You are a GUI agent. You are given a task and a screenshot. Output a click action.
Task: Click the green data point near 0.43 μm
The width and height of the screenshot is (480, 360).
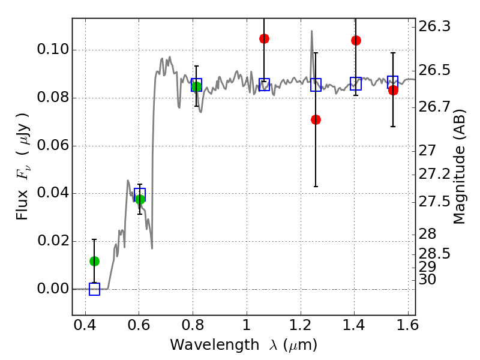click(94, 261)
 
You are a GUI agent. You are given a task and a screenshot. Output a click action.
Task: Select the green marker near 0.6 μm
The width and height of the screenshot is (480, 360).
click(140, 199)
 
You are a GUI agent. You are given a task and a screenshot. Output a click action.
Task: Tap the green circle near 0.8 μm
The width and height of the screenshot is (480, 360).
click(196, 86)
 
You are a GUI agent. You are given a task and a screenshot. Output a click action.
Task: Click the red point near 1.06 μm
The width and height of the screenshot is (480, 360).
click(264, 38)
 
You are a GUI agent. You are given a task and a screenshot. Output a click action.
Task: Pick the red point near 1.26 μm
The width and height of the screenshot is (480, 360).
click(316, 119)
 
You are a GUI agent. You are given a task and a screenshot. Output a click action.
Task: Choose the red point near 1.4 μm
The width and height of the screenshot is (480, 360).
click(356, 40)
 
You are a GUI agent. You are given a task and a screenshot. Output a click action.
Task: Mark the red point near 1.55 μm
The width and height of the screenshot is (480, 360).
click(393, 90)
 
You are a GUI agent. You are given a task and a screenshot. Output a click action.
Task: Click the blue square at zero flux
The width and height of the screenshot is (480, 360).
click(94, 289)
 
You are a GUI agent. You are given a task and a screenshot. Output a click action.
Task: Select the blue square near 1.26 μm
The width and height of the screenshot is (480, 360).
click(316, 85)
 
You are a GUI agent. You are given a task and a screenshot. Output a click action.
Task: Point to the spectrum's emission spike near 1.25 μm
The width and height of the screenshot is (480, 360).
click(312, 32)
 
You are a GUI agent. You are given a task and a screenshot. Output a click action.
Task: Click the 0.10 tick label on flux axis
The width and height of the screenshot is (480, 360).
click(53, 50)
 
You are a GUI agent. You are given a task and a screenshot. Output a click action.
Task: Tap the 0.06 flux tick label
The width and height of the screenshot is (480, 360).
click(53, 146)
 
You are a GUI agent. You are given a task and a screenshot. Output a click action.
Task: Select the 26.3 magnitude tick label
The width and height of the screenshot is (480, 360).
click(435, 26)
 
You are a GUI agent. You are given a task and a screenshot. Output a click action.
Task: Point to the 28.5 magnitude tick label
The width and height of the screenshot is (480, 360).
click(435, 254)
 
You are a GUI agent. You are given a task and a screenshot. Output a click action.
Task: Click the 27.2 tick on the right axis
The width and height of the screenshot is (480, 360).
click(435, 175)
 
